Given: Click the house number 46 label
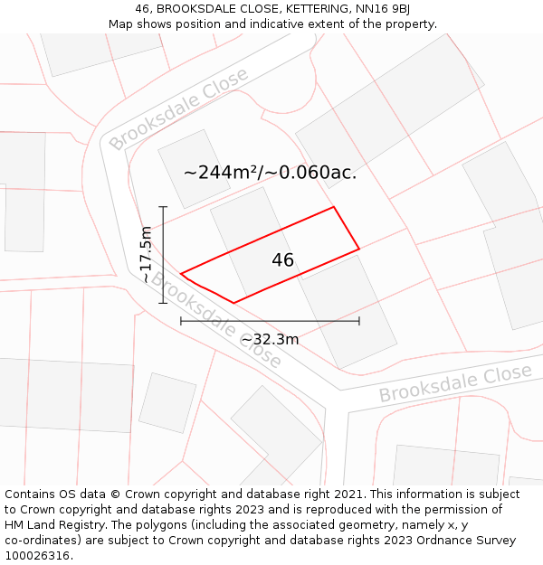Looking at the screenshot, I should click(x=282, y=260).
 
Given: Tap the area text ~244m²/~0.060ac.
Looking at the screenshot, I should click(x=270, y=173).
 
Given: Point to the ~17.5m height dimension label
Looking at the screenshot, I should click(x=147, y=255).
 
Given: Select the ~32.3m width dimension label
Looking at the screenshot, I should click(x=270, y=340).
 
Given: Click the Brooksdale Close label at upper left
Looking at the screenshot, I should click(x=177, y=109).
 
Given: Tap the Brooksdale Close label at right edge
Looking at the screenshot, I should click(x=454, y=384).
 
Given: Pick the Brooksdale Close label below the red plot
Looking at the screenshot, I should click(x=215, y=319).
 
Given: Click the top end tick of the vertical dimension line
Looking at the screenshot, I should click(x=164, y=207).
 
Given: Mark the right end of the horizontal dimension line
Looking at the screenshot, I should click(x=359, y=320).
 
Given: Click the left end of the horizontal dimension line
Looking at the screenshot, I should click(x=181, y=320).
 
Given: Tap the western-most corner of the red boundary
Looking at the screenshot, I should click(x=181, y=273).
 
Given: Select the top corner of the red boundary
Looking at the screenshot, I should click(x=334, y=207).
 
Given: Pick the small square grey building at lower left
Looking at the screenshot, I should click(x=167, y=402).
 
